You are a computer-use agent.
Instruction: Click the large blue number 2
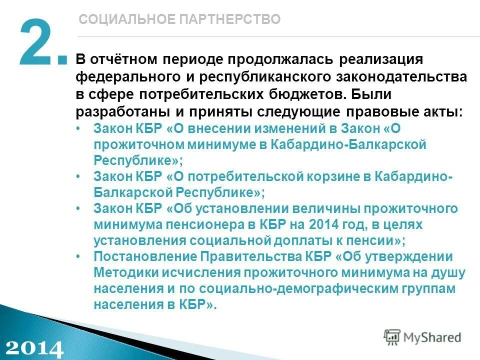[36, 44]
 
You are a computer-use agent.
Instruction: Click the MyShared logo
[422, 337]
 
